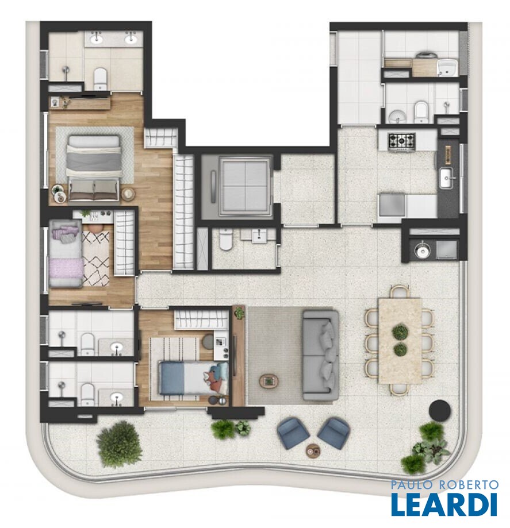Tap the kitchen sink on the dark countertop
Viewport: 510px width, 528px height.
[x=447, y=177]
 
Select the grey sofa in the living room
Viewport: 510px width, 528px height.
[x=321, y=355]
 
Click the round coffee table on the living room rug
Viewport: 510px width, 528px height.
[x=269, y=381]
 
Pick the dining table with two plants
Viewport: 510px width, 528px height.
[x=400, y=341]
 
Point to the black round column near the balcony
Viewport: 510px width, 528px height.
[x=440, y=410]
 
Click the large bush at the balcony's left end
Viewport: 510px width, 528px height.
[x=119, y=444]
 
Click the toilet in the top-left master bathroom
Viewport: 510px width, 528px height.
[x=100, y=79]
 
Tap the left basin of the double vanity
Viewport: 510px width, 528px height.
[x=97, y=38]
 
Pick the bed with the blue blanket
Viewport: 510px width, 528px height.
[x=194, y=378]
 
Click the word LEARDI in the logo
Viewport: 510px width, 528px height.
[x=444, y=503]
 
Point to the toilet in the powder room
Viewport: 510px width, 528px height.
[x=226, y=240]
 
